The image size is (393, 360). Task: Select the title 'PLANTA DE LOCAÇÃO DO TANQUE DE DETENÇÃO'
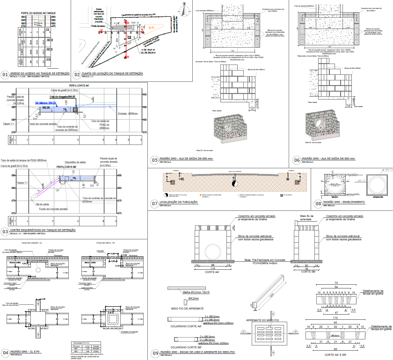click(x=112, y=73)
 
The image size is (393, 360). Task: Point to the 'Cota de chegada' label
click(x=65, y=97)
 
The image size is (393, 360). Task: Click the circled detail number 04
click(x=5, y=352)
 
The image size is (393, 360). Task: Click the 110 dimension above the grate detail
click(x=336, y=317)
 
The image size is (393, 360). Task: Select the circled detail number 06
click(x=296, y=159)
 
